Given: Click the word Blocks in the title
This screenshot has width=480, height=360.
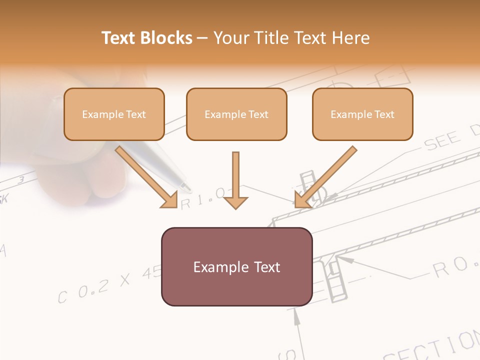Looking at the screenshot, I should tap(166, 38).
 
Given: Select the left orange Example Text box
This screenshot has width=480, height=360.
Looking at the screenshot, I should tap(114, 114).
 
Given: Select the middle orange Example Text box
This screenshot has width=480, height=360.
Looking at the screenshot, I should tap(236, 114).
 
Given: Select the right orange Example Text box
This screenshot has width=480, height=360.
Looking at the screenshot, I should tap(362, 114).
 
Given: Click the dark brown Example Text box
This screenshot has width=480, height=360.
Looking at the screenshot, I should tap(236, 266).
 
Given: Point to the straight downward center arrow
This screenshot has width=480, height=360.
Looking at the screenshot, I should tap(235, 182).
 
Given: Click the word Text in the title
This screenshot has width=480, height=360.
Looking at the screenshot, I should tap(119, 38).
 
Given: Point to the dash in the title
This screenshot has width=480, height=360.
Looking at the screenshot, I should tap(202, 38).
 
